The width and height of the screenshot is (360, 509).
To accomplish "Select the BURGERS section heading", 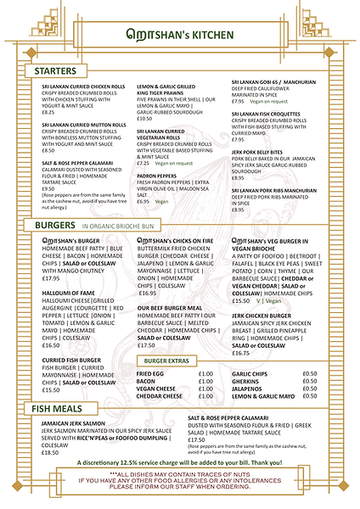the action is (54, 226).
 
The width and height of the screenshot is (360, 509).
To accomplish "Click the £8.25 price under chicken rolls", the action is (48, 112).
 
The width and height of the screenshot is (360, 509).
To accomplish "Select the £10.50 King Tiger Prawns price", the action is (144, 119).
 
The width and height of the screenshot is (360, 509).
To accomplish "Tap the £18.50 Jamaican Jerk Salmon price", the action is (50, 452).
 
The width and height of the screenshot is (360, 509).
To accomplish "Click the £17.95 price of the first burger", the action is (50, 278).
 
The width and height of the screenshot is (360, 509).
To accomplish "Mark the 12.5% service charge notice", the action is (179, 484).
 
